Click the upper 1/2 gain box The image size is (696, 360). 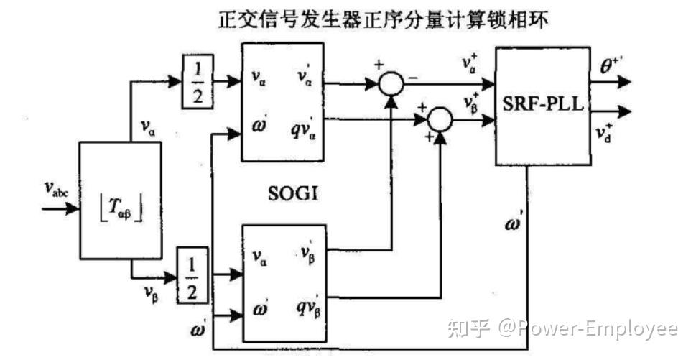[x=195, y=81]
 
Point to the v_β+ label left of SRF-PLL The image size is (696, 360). [x=470, y=101]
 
